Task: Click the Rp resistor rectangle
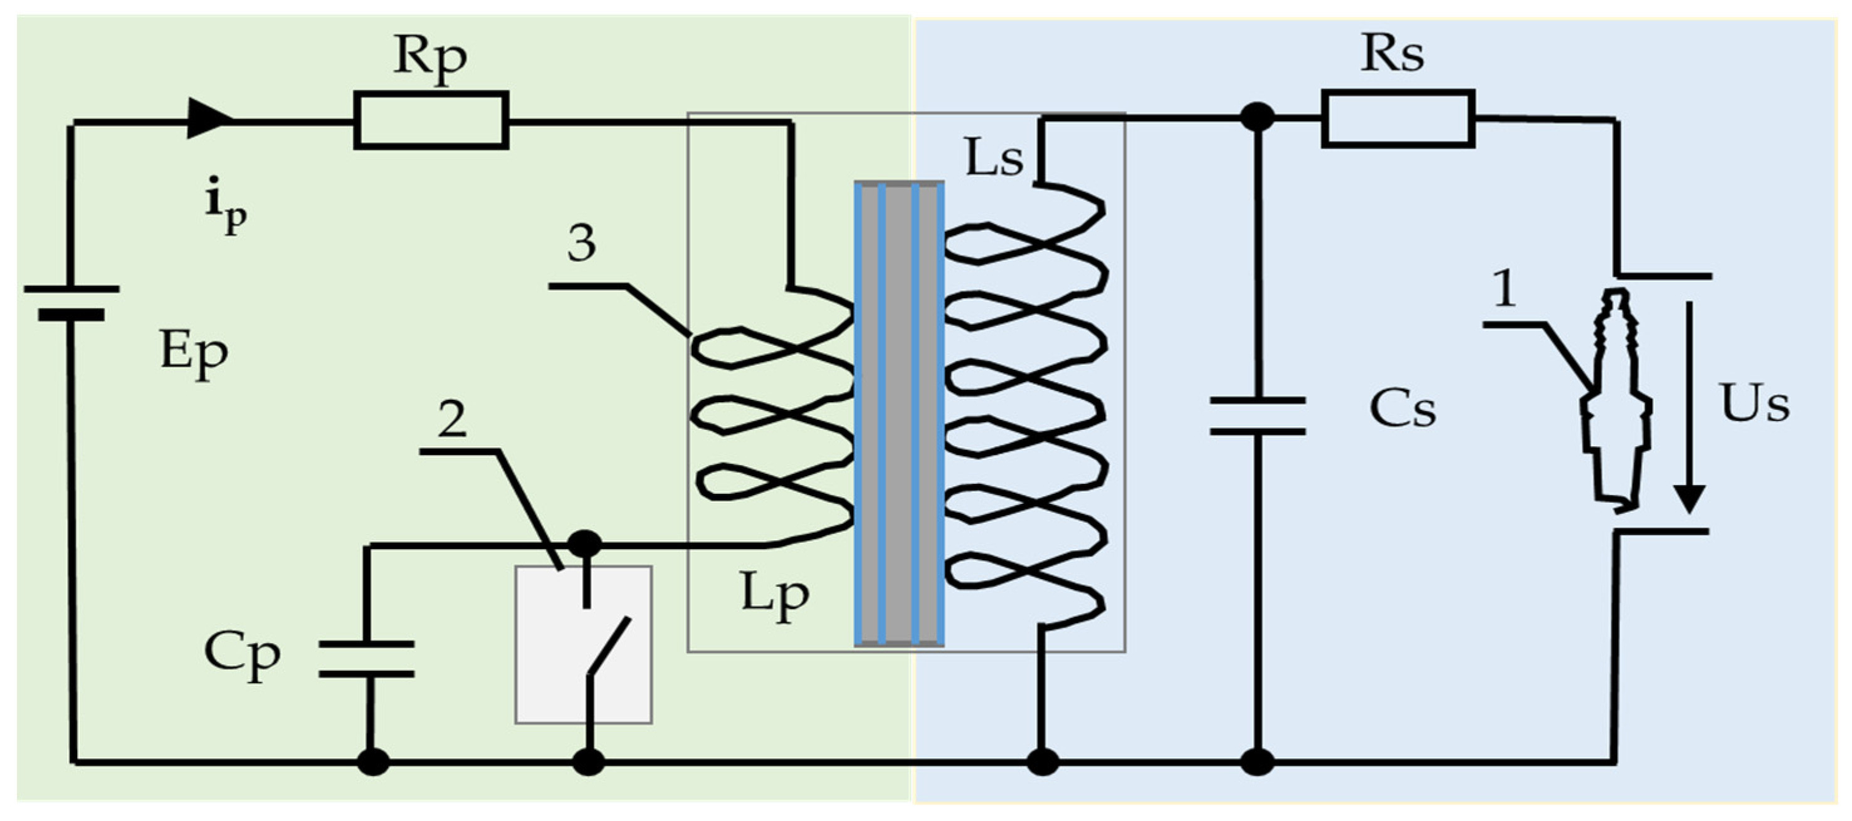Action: point(431,120)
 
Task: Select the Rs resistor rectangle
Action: point(1398,118)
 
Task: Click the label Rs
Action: point(1391,54)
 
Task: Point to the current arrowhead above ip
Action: point(209,118)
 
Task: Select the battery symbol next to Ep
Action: point(71,302)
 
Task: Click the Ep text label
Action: point(193,353)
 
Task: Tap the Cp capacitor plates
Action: point(367,659)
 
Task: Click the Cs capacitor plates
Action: point(1258,416)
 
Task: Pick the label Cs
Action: point(1402,410)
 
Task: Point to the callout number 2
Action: point(451,419)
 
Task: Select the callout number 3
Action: point(581,243)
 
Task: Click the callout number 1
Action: point(1504,288)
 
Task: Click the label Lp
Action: point(774,596)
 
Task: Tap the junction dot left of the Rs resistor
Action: point(1258,117)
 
